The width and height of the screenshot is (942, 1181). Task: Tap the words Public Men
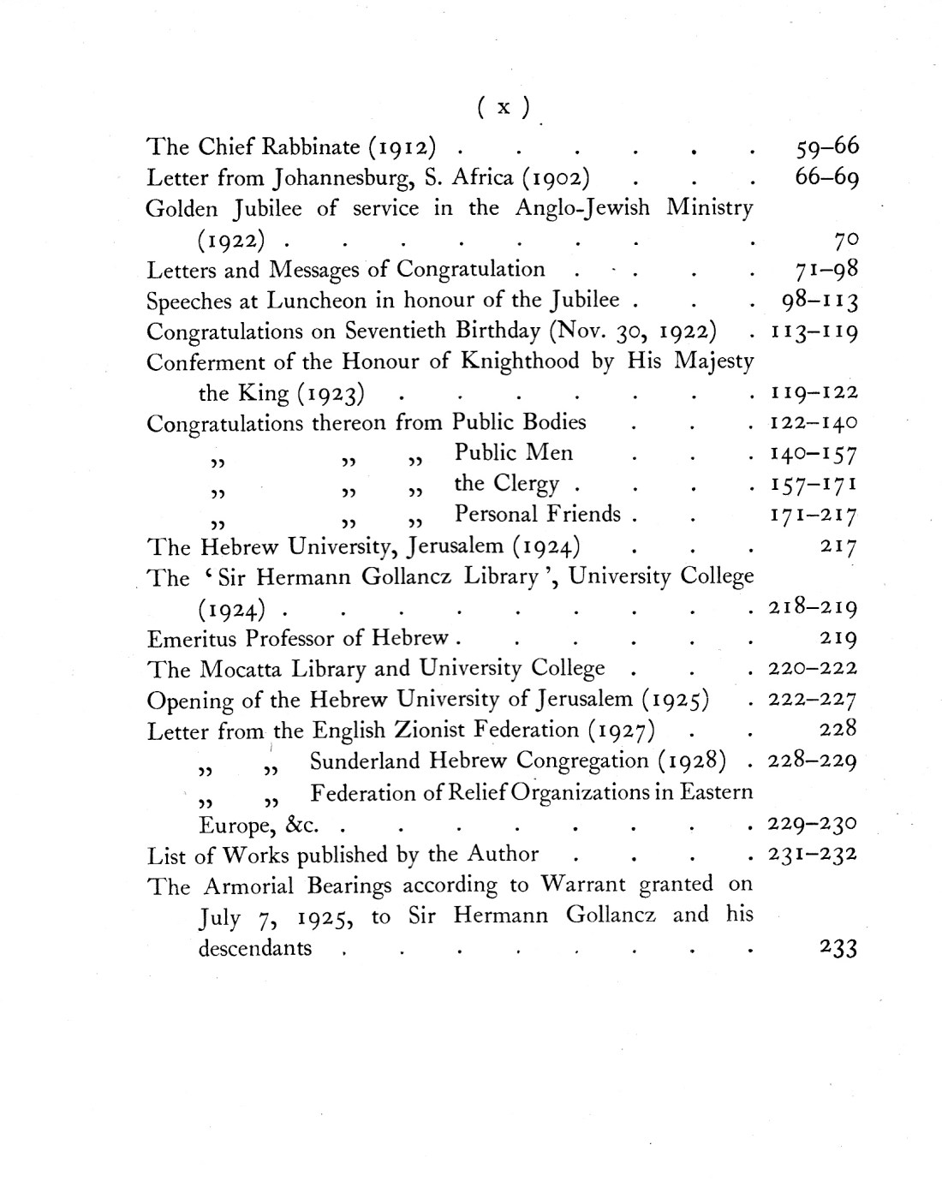click(x=514, y=453)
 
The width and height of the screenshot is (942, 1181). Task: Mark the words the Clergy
click(x=506, y=484)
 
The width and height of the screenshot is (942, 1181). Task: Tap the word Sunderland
click(x=366, y=761)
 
